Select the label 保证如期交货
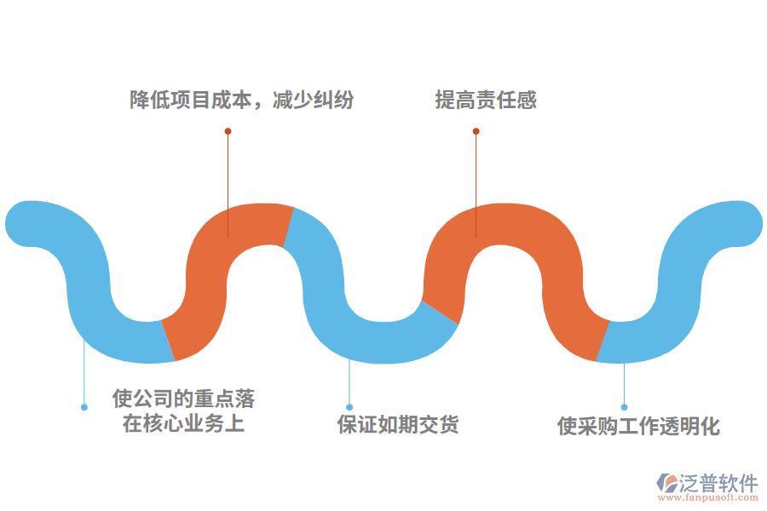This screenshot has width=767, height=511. pyautogui.click(x=398, y=424)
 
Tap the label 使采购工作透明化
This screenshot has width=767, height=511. pyautogui.click(x=638, y=426)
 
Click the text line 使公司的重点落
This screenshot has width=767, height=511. pyautogui.click(x=183, y=399)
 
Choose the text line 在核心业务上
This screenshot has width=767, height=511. pyautogui.click(x=183, y=423)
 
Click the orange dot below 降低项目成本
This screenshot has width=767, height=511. pyautogui.click(x=228, y=131)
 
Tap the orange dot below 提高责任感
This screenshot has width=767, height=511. pyautogui.click(x=476, y=131)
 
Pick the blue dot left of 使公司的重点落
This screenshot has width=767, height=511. pyautogui.click(x=84, y=407)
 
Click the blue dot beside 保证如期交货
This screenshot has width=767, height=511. pyautogui.click(x=349, y=407)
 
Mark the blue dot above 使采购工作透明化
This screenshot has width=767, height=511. pyautogui.click(x=624, y=407)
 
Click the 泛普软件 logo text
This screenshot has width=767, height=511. pyautogui.click(x=718, y=483)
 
